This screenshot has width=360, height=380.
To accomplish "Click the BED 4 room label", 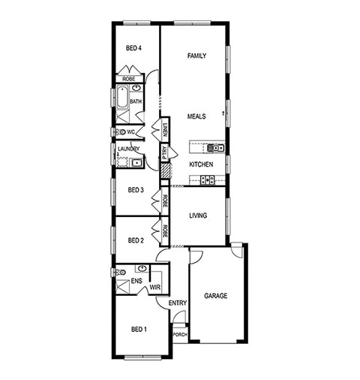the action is point(133,48).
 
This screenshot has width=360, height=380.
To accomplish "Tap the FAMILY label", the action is point(196,56).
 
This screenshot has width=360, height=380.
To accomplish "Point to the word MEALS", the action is point(196,116).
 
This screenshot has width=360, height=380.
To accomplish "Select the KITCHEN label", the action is point(201,164).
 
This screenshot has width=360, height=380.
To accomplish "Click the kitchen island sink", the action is point(215,148).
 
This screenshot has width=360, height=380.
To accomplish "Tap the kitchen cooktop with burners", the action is point(208,179).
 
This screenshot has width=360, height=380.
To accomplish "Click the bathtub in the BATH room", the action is point(122,98).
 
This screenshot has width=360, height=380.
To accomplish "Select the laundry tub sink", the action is point(136,163).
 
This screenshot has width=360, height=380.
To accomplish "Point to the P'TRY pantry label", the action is point(164,152).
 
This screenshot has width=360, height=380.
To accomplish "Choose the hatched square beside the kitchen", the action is point(165,170).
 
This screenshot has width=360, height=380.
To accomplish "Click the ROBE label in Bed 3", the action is point(165,201).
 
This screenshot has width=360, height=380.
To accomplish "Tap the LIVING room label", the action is point(198,216).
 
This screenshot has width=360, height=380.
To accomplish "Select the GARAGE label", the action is point(216,296).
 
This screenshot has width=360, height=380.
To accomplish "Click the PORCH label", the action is point(180,335).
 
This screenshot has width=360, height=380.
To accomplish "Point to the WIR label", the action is point(155,288).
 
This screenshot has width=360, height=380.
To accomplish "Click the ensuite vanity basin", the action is point(142,269).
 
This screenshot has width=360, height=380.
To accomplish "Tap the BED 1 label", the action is point(139,330).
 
